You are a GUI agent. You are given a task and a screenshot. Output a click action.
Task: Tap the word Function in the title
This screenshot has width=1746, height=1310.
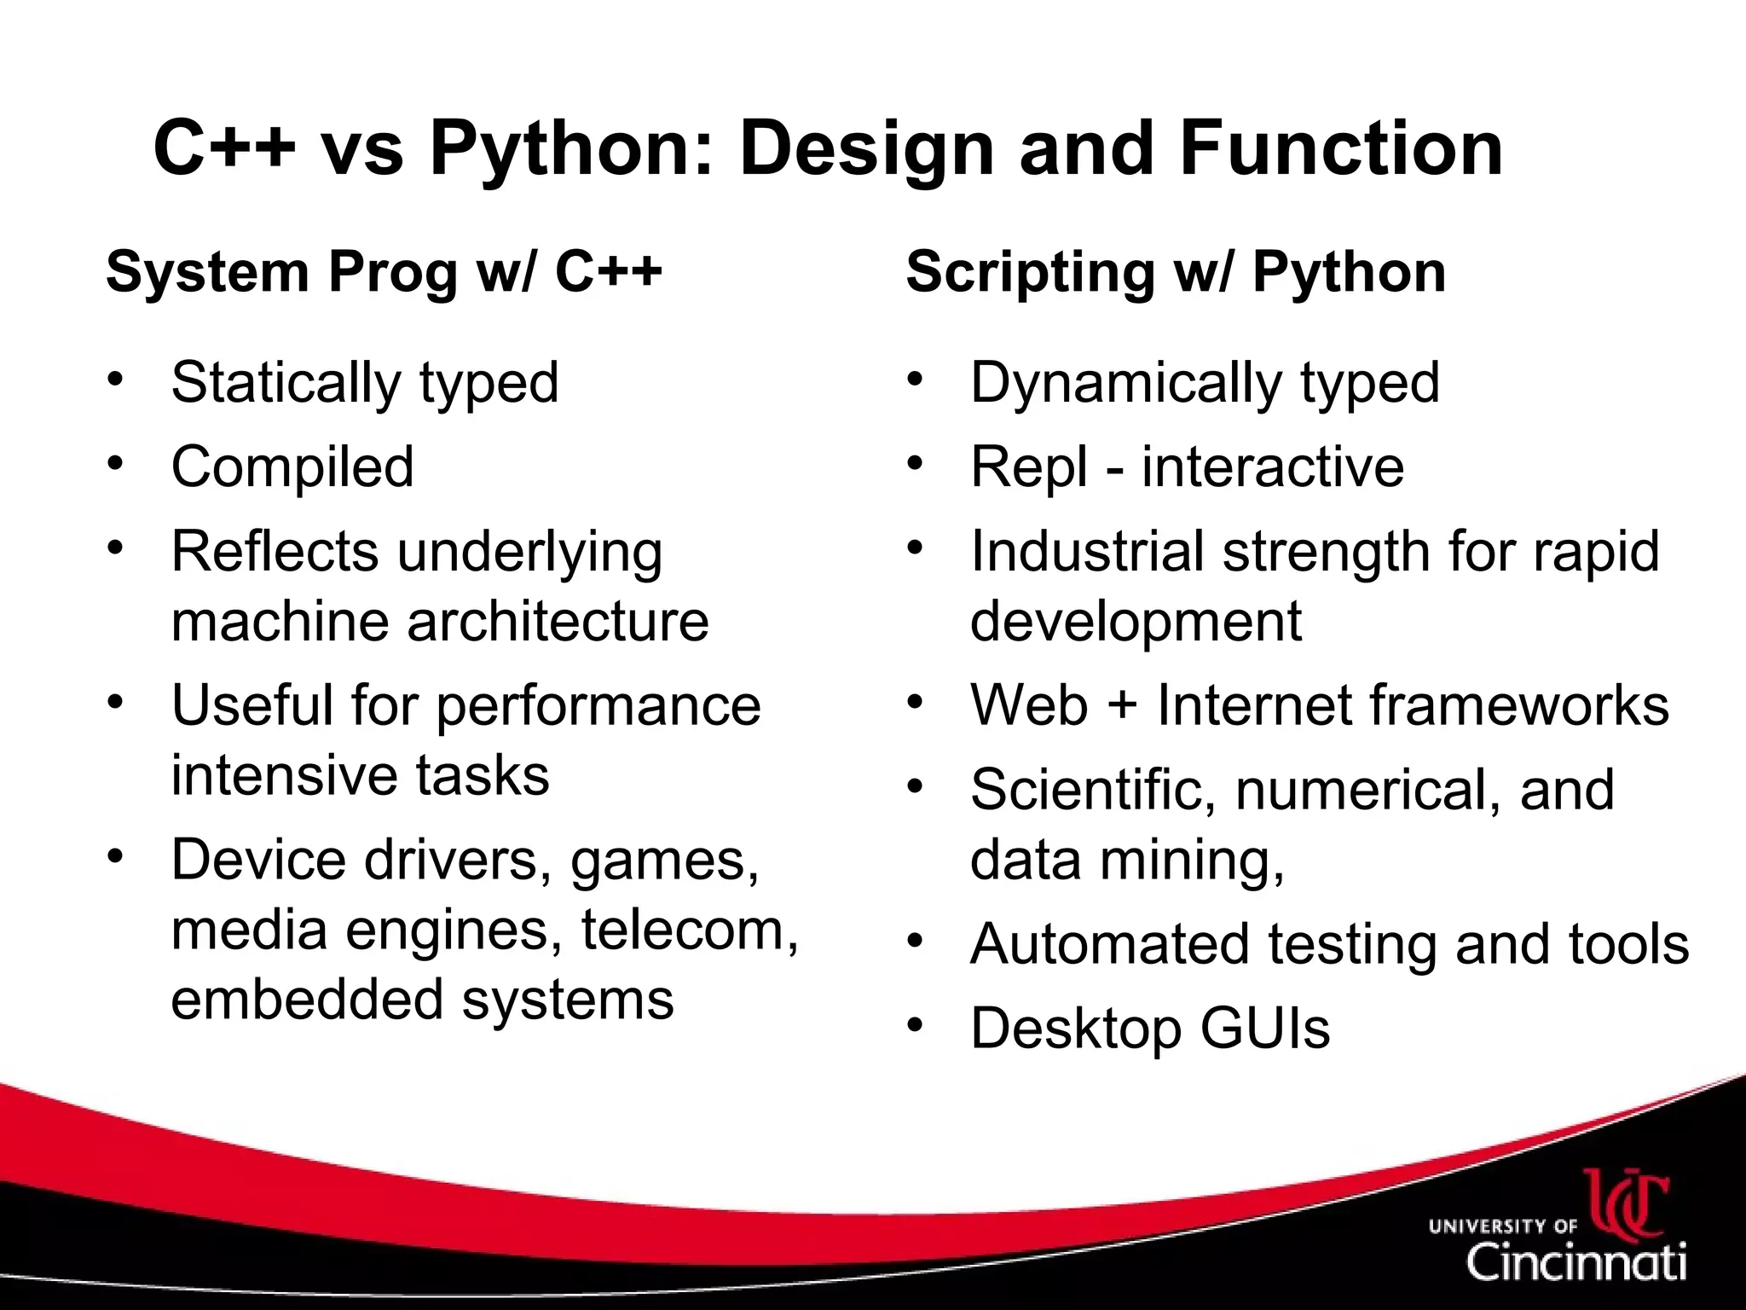[x=1341, y=148]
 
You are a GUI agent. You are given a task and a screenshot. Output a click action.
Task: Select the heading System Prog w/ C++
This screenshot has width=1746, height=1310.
[x=384, y=272]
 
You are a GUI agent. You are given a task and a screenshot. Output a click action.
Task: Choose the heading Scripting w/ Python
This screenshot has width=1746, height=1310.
[x=1176, y=272]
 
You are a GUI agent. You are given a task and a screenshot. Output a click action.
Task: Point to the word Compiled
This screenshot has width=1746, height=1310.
[x=292, y=467]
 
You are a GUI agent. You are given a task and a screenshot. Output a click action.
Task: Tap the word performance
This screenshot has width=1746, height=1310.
[x=598, y=706]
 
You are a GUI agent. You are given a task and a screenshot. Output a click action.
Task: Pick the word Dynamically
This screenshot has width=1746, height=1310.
[x=1125, y=383]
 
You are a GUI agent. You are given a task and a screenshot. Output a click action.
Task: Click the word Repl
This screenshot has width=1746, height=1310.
[x=1030, y=467]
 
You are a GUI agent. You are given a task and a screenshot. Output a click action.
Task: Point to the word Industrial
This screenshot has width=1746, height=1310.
[x=1087, y=551]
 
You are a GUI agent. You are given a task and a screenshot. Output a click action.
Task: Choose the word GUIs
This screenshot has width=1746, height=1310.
[x=1265, y=1028]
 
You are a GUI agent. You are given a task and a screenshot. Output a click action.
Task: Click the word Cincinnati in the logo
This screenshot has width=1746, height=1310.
[x=1576, y=1261]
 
